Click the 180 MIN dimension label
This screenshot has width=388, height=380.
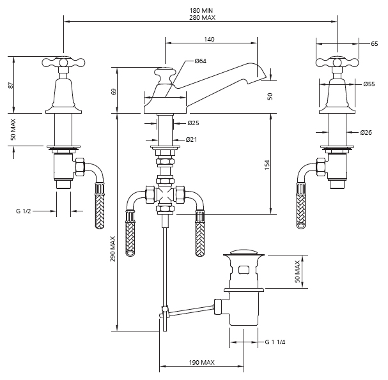point(201,11)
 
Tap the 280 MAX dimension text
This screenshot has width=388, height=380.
point(202,18)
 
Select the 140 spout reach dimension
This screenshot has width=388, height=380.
point(209,40)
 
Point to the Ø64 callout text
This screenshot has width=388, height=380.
point(201,61)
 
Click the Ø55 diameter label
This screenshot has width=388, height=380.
point(369,84)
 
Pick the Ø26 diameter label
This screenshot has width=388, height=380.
point(366,132)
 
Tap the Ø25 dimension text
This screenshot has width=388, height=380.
point(193,123)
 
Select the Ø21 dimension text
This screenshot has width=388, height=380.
point(191,140)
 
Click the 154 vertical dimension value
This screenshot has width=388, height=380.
point(267,165)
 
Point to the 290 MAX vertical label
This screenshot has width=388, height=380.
point(113,248)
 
